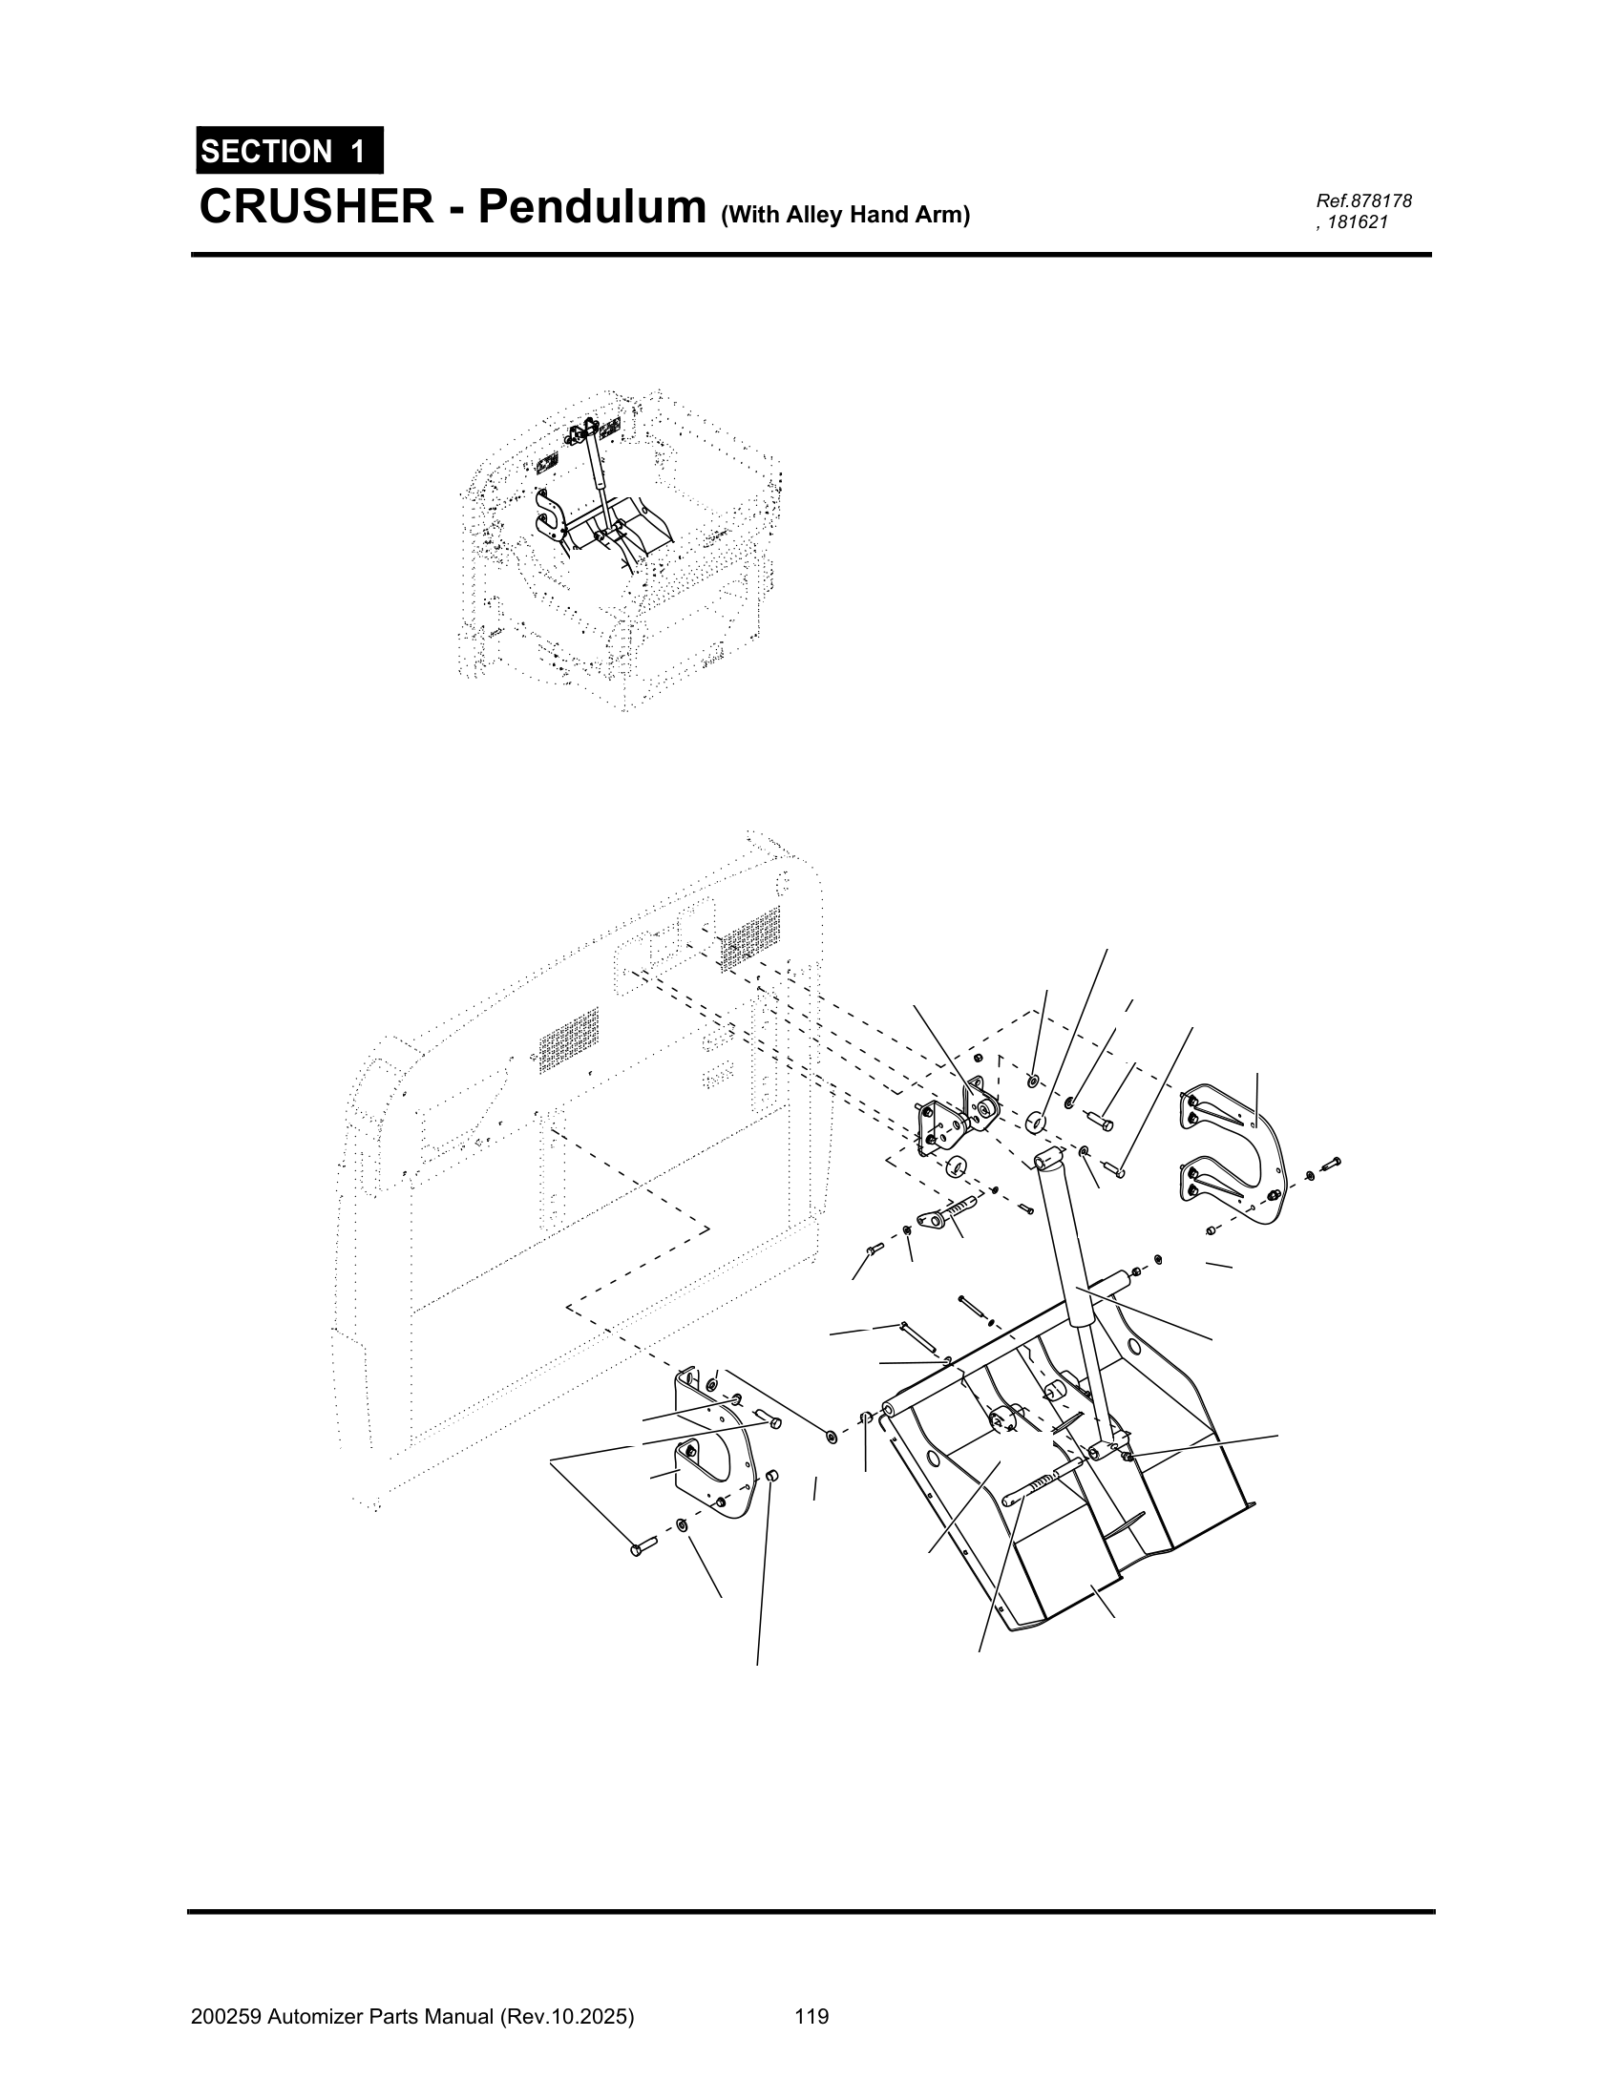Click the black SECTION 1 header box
point(289,151)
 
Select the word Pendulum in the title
point(592,207)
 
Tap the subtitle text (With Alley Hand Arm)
point(845,215)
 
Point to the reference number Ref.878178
point(1363,201)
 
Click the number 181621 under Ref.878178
point(1359,222)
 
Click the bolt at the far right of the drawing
point(1332,1165)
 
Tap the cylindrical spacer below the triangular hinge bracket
point(956,1166)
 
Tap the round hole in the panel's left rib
point(934,1459)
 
